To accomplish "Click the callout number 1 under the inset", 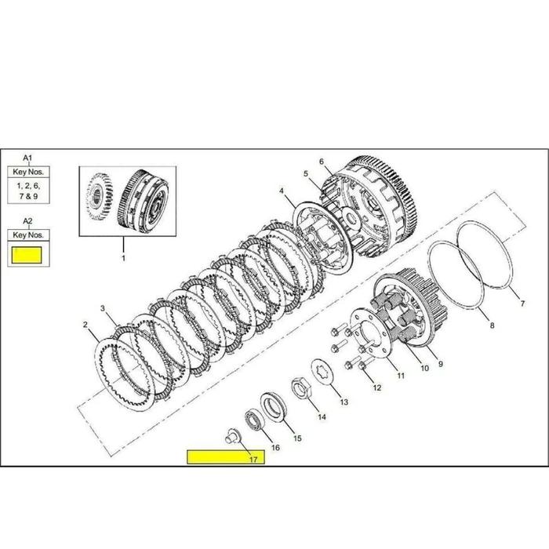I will (122, 256).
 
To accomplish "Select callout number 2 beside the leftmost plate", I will (85, 323).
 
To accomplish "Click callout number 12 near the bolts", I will (377, 387).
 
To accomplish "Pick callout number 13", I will (344, 402).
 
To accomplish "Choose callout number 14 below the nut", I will (322, 417).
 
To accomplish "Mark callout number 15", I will (297, 438).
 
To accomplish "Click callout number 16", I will (274, 447).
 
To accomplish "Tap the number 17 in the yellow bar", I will (253, 459).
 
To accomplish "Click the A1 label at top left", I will (28, 157).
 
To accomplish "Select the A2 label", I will (28, 220).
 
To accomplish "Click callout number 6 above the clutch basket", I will (321, 162).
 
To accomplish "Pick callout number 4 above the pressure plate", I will (281, 191).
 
